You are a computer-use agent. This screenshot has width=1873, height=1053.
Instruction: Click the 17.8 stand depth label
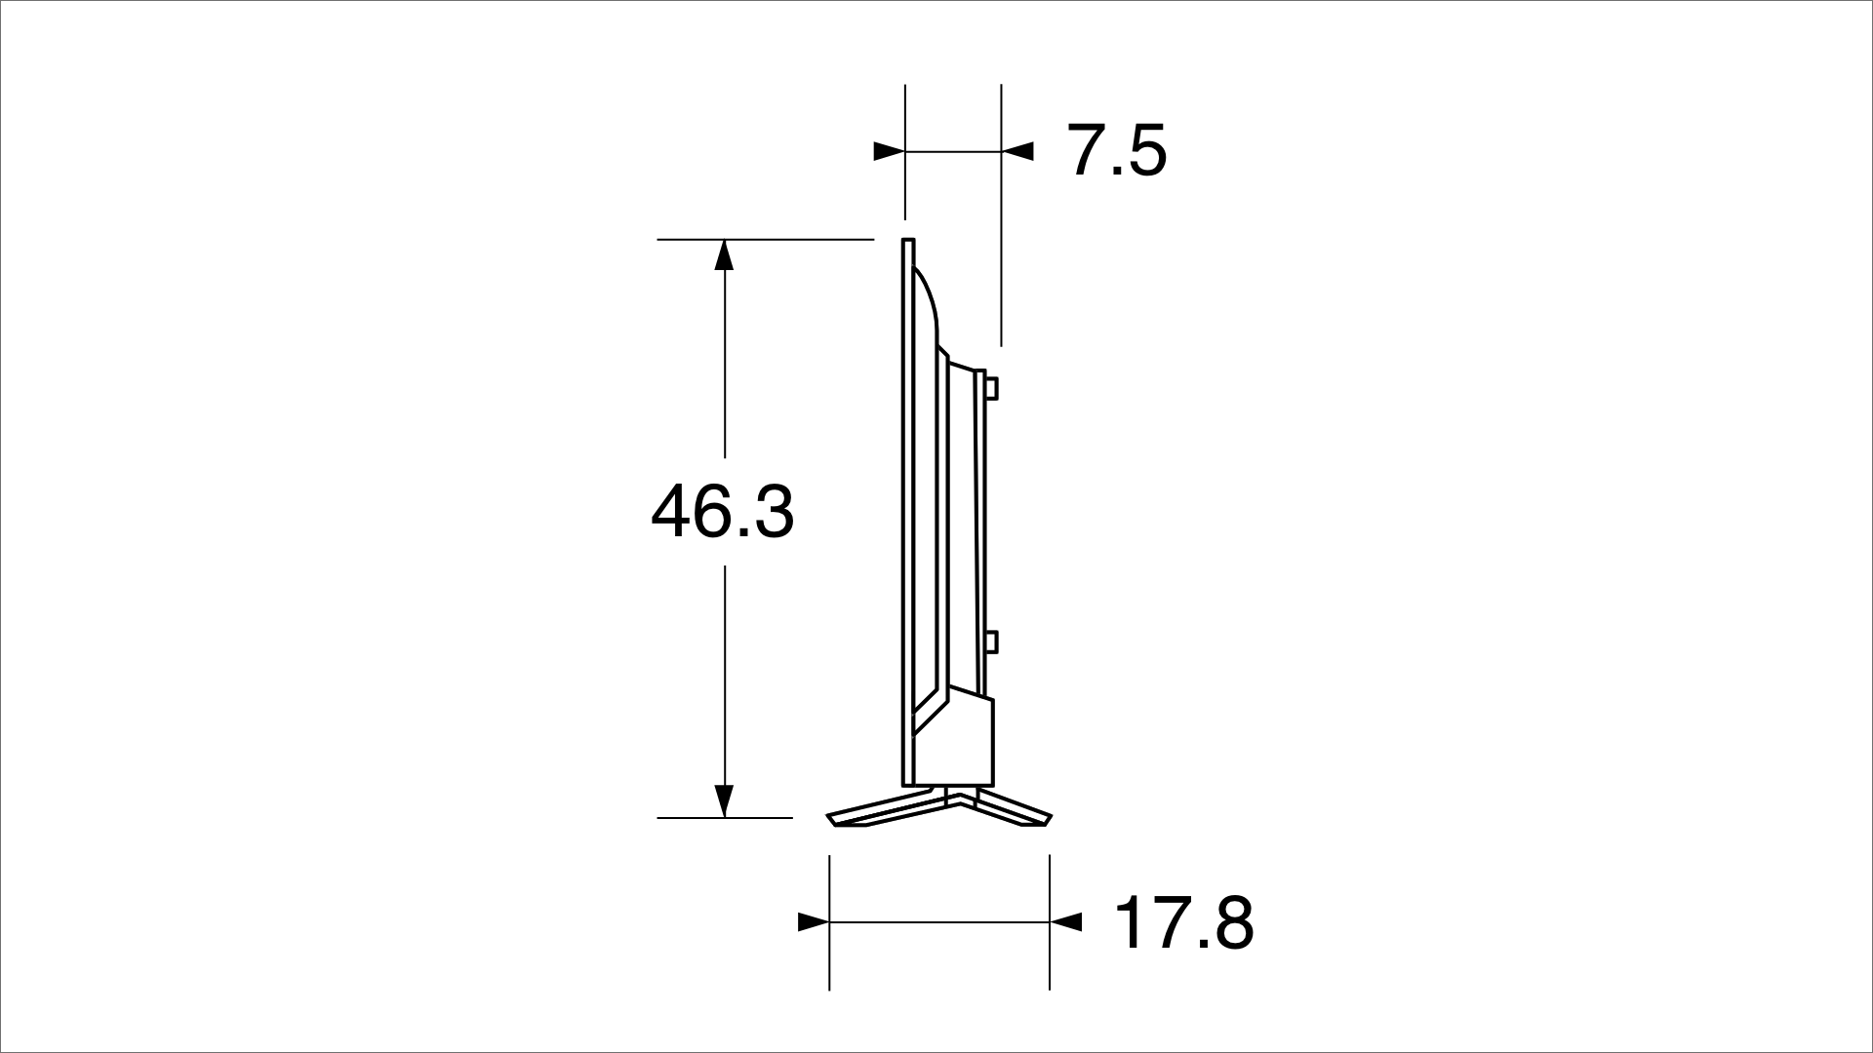click(x=1183, y=923)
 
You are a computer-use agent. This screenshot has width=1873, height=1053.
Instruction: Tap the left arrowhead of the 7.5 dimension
click(x=889, y=151)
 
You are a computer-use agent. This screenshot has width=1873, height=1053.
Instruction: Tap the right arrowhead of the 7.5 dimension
click(x=1017, y=151)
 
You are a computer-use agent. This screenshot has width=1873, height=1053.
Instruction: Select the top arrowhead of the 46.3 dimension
click(x=723, y=254)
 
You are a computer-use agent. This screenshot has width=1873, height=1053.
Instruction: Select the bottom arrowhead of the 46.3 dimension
click(x=723, y=801)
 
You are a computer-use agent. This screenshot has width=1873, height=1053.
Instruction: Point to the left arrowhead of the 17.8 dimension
click(x=814, y=922)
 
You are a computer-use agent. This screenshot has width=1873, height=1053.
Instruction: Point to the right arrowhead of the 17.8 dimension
click(x=1065, y=922)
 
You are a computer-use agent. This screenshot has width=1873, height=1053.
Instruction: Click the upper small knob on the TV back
click(x=991, y=388)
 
